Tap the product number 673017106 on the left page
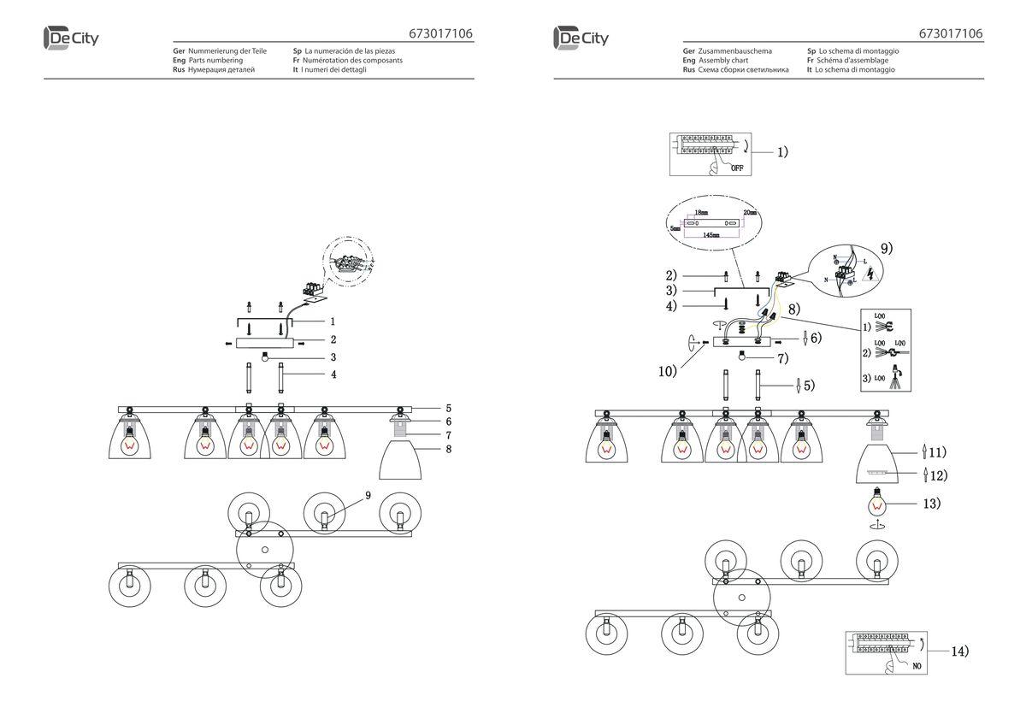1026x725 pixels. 439,34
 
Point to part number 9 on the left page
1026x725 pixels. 368,495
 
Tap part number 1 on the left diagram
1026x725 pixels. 333,321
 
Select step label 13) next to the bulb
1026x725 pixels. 931,503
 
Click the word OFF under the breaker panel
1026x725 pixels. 737,168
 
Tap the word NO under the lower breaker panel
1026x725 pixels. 917,664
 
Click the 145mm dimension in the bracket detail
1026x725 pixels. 709,233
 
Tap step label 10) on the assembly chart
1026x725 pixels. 668,371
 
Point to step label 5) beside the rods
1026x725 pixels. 807,386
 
